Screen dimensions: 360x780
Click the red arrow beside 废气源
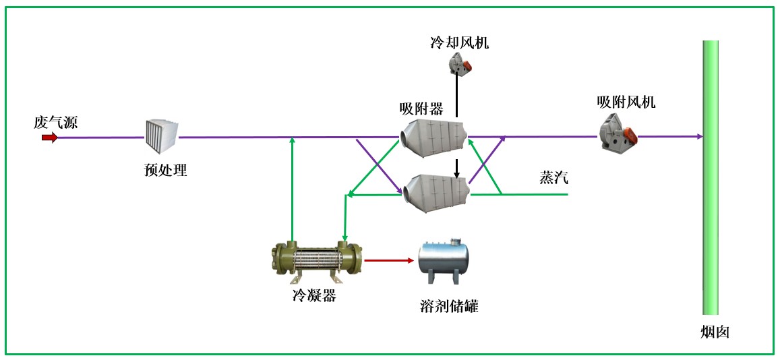49,138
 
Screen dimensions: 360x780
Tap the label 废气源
56,123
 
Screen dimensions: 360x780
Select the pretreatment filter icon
161,137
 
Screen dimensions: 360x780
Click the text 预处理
166,170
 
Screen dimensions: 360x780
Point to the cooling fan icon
461,64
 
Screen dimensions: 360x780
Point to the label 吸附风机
626,102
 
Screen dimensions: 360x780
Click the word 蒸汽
553,178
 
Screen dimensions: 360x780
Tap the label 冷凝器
314,295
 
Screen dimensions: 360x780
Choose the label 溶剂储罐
449,307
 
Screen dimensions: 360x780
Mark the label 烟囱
715,332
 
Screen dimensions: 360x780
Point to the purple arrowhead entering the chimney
699,136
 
